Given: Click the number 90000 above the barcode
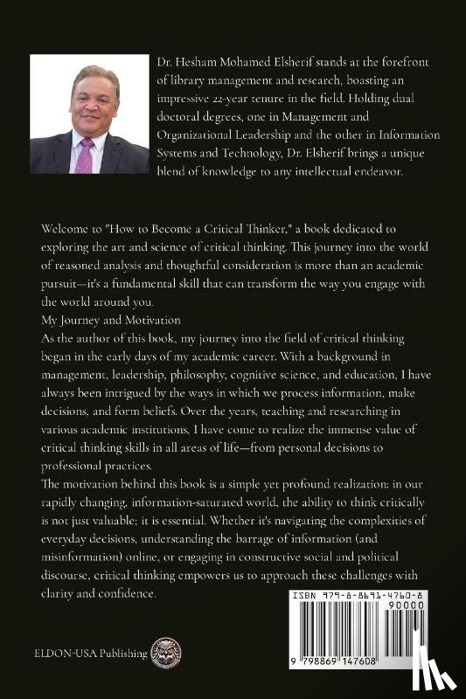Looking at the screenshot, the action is coord(432,603).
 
